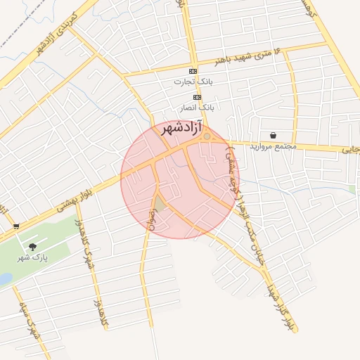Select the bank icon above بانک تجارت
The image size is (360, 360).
click(x=193, y=72)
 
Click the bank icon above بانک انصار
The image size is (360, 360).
click(x=198, y=97)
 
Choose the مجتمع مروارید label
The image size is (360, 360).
click(x=272, y=146)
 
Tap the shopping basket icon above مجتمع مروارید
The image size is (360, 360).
click(x=272, y=136)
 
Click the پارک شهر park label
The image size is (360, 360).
click(x=32, y=257)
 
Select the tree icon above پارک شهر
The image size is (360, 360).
click(x=32, y=247)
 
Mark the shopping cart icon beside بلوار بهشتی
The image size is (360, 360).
click(x=15, y=226)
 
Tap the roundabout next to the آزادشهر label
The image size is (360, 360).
click(x=207, y=136)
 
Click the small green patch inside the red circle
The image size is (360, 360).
click(x=160, y=205)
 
